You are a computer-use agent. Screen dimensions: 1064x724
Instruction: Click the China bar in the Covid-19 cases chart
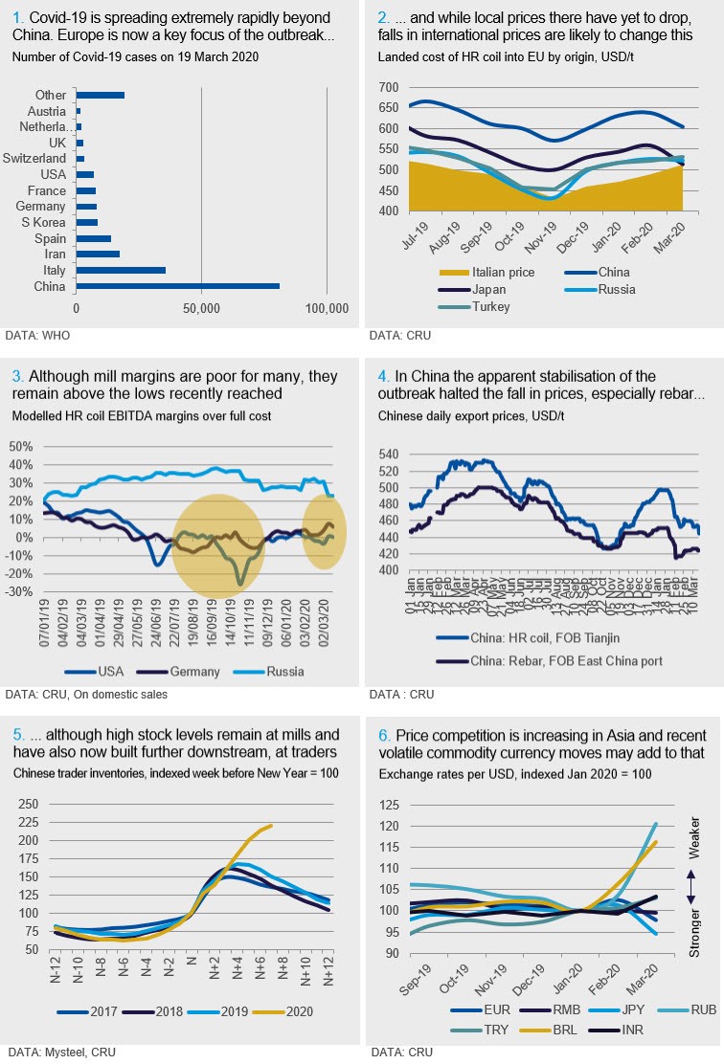click(177, 286)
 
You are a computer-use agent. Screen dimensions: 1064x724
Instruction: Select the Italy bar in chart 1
click(121, 270)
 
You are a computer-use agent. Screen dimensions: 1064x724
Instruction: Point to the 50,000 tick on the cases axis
click(201, 308)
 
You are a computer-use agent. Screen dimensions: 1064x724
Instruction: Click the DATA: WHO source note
click(37, 336)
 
